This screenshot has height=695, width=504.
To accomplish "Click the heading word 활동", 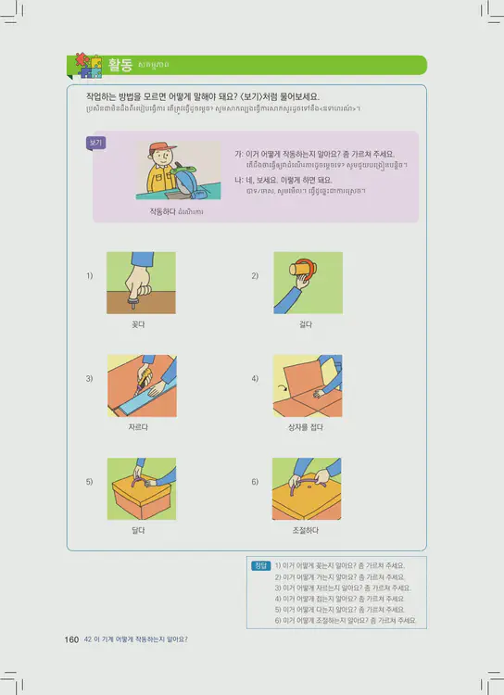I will coord(120,64).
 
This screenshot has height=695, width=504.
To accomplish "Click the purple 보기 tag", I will coord(95,144).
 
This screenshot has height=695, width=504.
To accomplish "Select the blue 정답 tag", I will coord(261,565).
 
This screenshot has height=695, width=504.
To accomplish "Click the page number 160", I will coord(71,638).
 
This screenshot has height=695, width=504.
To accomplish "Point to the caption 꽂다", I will coord(139,324).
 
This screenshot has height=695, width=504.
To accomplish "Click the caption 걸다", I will coord(306,324).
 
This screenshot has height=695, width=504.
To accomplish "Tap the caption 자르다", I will coord(139,428).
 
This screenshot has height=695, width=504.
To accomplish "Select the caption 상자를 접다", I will coord(306,428).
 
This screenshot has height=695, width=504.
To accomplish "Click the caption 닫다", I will coord(139,530).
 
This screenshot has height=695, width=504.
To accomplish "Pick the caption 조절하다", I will coord(306,530).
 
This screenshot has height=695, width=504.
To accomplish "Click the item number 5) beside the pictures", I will coord(90,482).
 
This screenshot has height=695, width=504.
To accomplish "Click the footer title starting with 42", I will coord(134,638).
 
